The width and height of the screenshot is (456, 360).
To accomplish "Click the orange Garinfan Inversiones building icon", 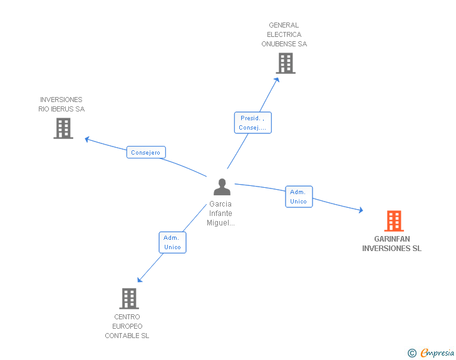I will point(393,221).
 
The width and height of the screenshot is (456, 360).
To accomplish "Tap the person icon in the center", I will point(222,187).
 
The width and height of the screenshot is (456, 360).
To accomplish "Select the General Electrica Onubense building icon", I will point(285,63).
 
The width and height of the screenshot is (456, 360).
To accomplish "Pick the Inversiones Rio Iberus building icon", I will point(63,128).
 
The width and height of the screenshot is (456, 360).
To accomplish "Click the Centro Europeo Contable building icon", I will point(128,299).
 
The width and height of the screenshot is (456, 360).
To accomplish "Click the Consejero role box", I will point(146,152).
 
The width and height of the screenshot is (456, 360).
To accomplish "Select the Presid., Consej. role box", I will point(252,123).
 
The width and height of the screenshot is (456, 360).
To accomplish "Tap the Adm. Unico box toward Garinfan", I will point(299,197).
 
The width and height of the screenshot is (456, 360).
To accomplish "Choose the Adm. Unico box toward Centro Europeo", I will point(172,242).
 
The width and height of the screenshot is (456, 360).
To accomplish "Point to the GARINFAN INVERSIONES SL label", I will point(391,244).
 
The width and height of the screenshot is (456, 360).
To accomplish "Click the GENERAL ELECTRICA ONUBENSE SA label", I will point(284,35).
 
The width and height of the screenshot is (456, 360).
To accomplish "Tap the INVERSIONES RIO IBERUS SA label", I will point(61,105).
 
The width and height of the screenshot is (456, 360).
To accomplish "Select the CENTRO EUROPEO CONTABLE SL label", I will point(127,326).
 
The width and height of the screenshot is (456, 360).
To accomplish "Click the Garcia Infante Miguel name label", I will point(221,213).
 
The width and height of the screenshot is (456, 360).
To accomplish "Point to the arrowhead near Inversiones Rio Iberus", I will point(88,139).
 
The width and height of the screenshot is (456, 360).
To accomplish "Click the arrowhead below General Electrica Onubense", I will point(277,79).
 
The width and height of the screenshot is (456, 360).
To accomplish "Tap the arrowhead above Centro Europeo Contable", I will point(140,280).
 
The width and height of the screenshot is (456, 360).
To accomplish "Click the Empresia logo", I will point(437,353).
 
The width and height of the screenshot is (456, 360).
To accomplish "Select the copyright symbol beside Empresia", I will point(412,353).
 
